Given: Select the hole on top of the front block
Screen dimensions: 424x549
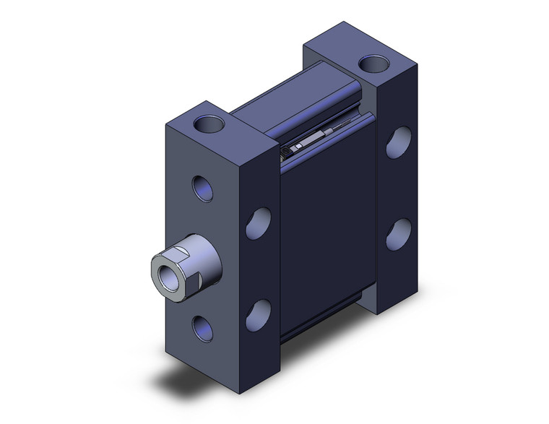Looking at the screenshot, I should click(x=209, y=123).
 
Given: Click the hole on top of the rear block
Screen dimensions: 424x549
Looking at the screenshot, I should click(x=372, y=64).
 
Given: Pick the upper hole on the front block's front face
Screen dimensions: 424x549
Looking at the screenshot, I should click(x=203, y=188).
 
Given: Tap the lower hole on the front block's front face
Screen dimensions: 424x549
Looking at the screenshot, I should click(x=203, y=328).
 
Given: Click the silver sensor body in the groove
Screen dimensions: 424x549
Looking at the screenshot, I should click(x=314, y=140).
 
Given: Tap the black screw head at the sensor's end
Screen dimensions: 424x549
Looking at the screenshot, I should click(x=288, y=151).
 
